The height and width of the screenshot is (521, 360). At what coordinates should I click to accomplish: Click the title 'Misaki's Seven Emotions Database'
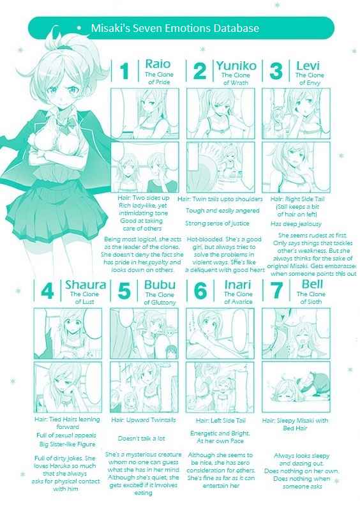click(175, 29)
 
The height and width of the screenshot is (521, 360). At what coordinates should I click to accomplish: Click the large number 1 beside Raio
click(125, 70)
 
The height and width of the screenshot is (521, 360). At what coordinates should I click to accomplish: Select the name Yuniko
click(236, 65)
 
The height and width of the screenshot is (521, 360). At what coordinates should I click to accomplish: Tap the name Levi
click(308, 65)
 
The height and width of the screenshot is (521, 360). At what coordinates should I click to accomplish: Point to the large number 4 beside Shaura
click(47, 291)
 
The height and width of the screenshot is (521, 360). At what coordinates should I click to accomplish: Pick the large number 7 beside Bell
click(276, 291)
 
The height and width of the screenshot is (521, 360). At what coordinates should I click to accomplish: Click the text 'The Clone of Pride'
click(160, 79)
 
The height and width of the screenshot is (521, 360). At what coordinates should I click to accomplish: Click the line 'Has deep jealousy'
click(296, 224)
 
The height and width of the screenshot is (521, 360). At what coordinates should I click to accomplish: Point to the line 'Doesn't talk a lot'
click(141, 439)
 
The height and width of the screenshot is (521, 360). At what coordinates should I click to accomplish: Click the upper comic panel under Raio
click(145, 112)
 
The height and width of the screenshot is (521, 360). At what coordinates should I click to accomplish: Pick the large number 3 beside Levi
click(276, 70)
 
